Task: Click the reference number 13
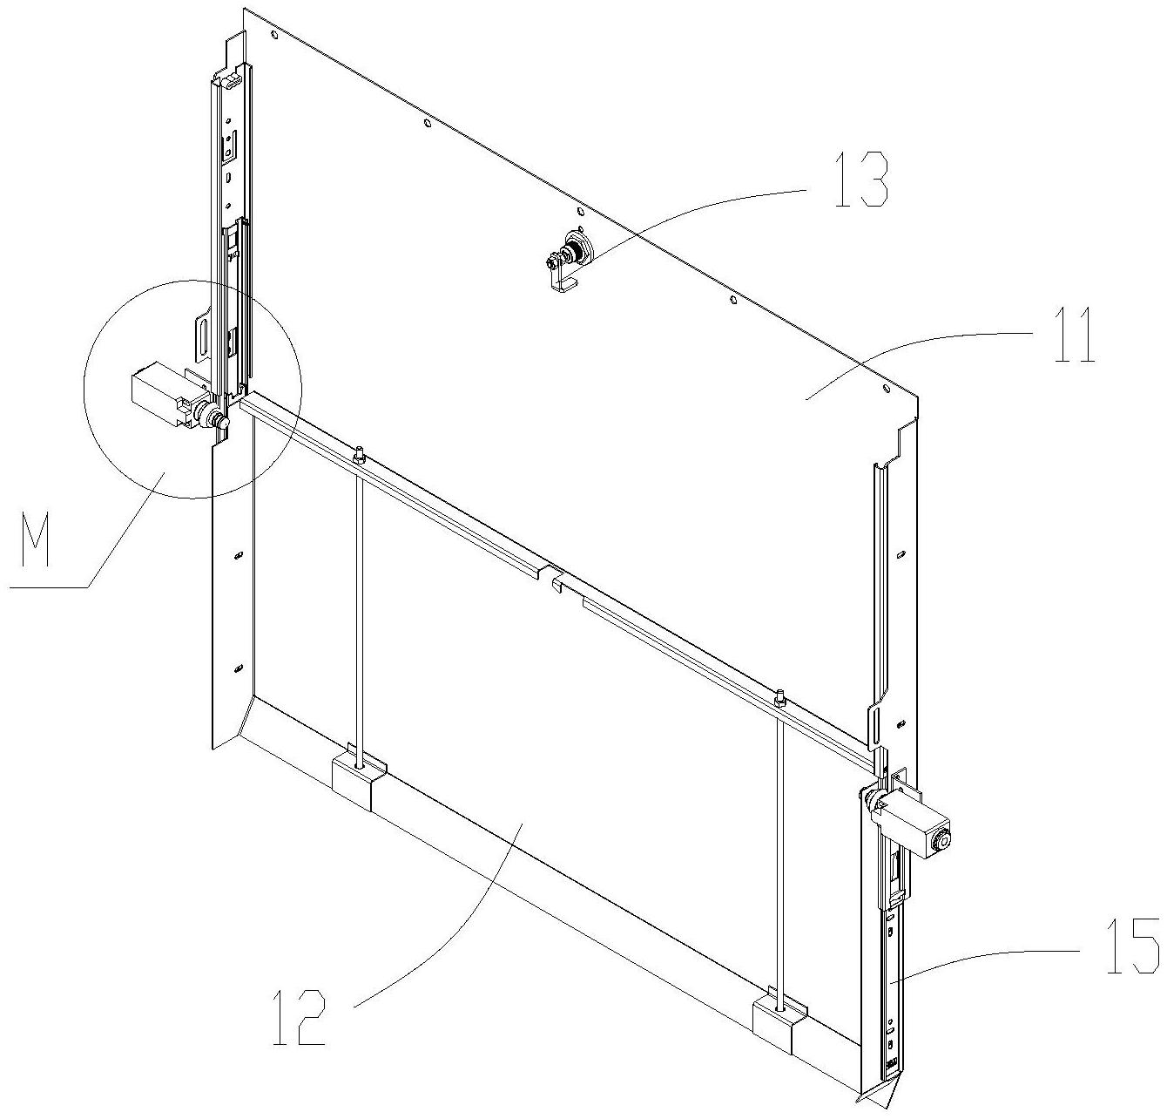(x=860, y=180)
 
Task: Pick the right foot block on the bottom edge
(x=779, y=1026)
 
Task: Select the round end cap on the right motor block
(x=941, y=842)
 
